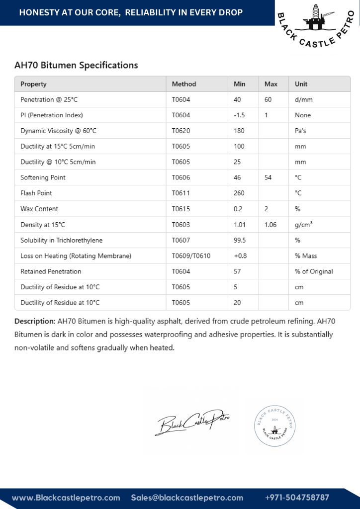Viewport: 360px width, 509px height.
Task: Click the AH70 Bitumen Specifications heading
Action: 76,65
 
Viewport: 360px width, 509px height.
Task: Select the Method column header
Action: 184,84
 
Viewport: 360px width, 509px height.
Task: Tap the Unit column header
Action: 301,84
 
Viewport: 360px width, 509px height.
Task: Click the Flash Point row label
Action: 36,193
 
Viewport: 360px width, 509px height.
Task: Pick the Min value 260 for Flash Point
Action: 240,193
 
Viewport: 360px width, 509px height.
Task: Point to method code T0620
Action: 181,131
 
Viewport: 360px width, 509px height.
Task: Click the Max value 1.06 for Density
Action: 270,225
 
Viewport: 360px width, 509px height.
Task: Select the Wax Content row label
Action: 39,209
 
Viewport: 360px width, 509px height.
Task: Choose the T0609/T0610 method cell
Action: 191,256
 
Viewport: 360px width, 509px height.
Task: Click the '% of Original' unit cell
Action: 314,271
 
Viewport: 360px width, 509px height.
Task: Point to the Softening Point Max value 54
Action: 268,177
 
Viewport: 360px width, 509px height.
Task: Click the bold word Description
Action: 35,321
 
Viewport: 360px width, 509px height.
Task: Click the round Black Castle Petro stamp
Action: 278,422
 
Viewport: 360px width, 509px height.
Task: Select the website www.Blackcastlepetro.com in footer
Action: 66,498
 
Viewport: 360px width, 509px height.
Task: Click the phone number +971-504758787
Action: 297,498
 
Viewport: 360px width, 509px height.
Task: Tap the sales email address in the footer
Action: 187,498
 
